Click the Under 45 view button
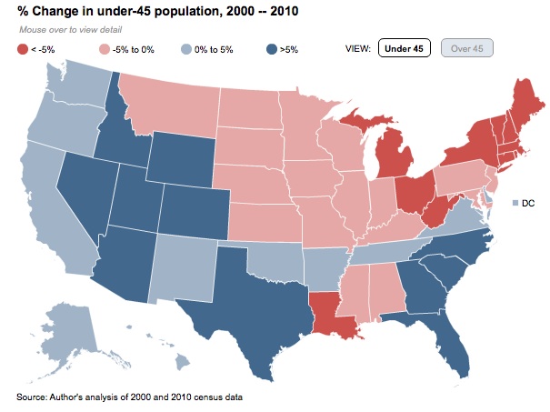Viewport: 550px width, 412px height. click(x=402, y=48)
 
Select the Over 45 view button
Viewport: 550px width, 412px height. click(x=466, y=48)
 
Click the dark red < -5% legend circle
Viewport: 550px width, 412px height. click(x=23, y=48)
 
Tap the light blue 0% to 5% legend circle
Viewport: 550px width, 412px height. click(x=185, y=48)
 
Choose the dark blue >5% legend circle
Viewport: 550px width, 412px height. click(x=272, y=48)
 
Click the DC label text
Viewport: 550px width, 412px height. click(x=528, y=203)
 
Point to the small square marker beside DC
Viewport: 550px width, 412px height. click(x=515, y=203)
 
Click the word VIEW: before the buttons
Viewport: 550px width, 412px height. click(x=358, y=48)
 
